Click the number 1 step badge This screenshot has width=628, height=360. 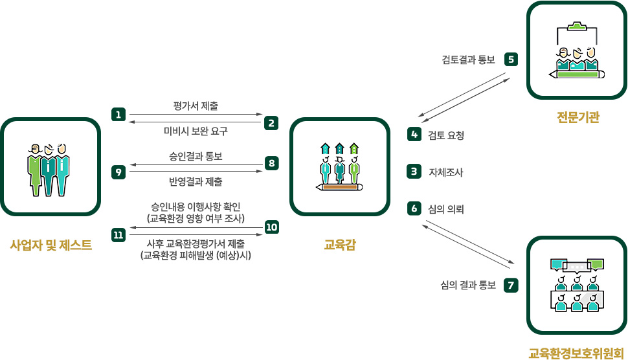tap(118, 115)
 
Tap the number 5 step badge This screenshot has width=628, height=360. tap(511, 60)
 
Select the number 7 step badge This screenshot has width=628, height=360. tap(511, 285)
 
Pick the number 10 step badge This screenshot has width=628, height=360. tap(272, 227)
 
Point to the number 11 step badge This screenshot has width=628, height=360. tap(118, 235)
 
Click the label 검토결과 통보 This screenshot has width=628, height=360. tap(468, 60)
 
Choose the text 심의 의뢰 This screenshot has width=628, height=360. tap(446, 209)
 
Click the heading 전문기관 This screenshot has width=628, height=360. tap(578, 118)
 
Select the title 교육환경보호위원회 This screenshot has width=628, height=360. tap(578, 354)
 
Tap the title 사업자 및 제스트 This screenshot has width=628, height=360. tap(50, 245)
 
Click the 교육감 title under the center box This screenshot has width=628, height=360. tap(339, 245)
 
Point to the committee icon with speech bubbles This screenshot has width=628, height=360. tap(577, 285)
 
